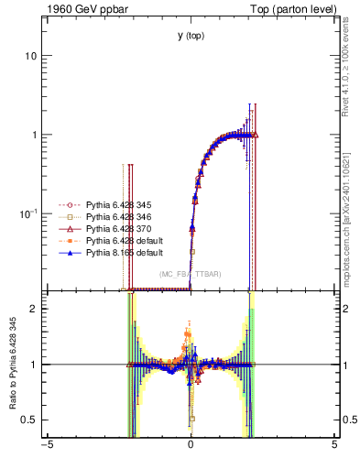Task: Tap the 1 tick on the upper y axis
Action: (x=34, y=135)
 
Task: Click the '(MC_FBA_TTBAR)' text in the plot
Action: (x=190, y=274)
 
